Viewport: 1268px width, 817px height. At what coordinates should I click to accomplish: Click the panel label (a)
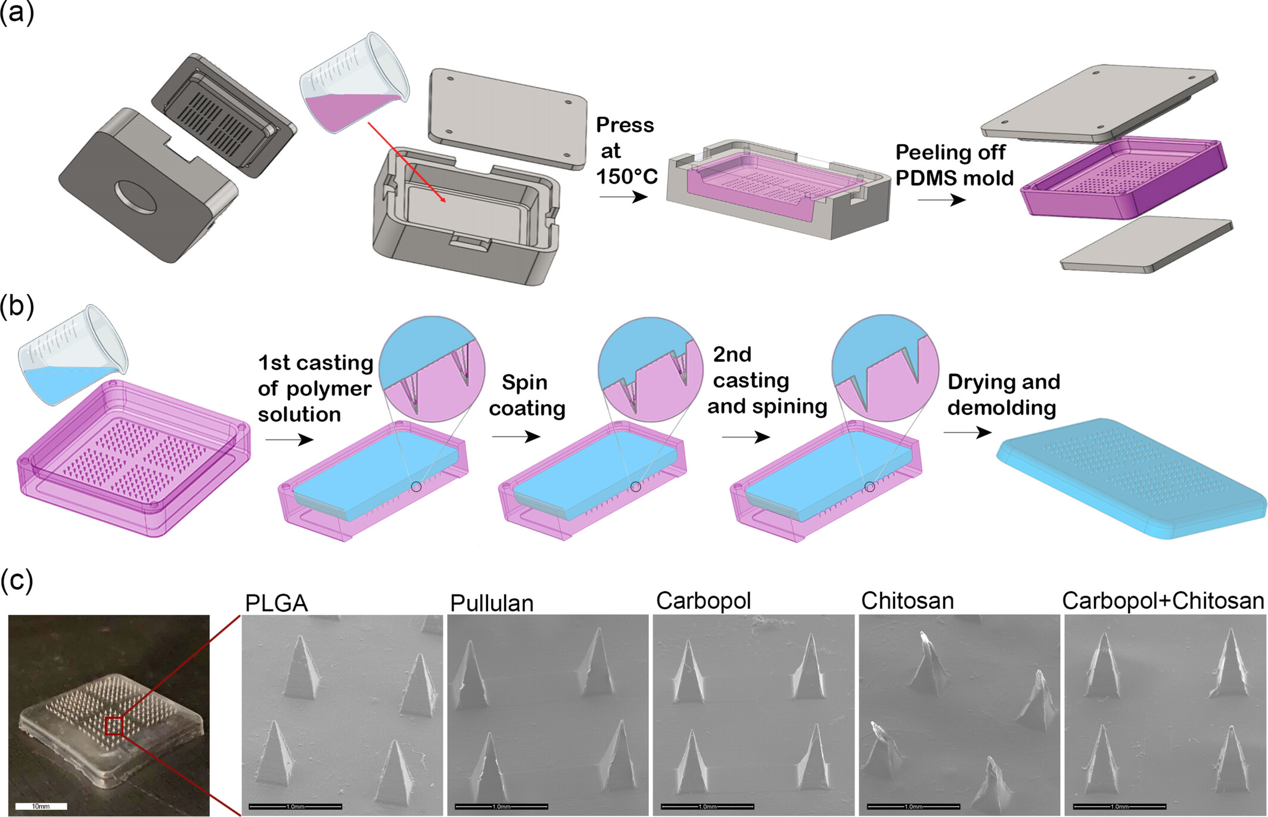point(17,12)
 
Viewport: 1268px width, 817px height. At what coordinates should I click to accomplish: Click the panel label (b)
point(17,306)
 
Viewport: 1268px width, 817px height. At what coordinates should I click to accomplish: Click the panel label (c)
point(17,580)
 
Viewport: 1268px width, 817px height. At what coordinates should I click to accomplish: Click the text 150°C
point(626,177)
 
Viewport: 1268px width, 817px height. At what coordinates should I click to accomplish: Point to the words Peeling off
point(950,153)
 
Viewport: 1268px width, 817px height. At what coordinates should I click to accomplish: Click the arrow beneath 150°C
point(623,197)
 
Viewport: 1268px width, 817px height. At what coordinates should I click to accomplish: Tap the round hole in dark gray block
point(136,197)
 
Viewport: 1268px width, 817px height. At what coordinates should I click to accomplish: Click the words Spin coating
point(526,395)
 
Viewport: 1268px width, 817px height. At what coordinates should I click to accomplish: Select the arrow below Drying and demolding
point(967,432)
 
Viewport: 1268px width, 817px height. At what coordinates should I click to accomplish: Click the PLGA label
point(276,604)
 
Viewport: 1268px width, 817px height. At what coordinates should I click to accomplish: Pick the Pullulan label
point(492,604)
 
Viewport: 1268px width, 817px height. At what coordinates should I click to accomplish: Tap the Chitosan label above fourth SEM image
point(907,601)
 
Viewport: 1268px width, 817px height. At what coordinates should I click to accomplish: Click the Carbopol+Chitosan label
point(1163,601)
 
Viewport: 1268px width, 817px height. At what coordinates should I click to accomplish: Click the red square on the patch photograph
point(114,726)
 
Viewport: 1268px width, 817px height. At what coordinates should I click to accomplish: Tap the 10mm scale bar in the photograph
point(41,806)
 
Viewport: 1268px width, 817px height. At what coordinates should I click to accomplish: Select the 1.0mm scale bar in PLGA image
point(296,806)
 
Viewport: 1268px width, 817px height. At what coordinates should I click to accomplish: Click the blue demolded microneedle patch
point(1132,477)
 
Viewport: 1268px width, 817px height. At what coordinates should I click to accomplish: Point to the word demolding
point(1002,408)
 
